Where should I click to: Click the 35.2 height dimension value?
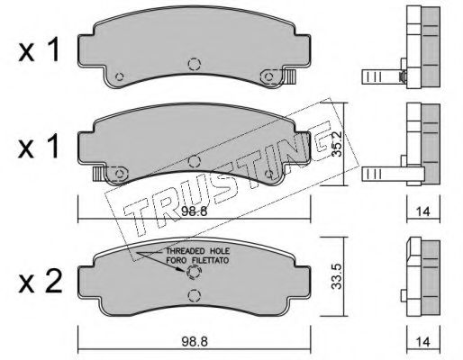click(337, 143)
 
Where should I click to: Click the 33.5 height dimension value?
click(337, 276)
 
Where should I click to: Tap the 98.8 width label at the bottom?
click(195, 342)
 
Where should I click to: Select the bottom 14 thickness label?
click(423, 342)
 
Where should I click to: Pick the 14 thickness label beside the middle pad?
click(423, 211)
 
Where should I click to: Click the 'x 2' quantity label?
click(41, 282)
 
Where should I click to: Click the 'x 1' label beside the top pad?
click(39, 51)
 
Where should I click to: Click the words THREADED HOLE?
click(198, 251)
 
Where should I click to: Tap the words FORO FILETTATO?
click(198, 260)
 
